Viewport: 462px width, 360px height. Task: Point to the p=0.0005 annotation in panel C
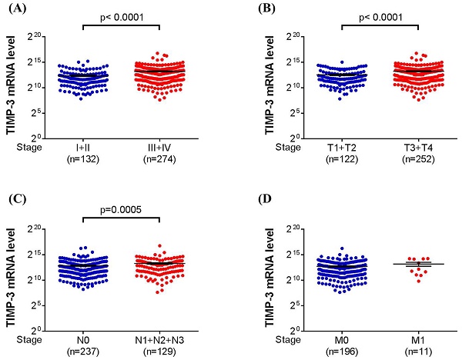coord(122,208)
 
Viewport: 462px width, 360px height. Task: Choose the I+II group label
coord(82,145)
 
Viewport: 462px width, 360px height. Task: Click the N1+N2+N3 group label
coord(159,335)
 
